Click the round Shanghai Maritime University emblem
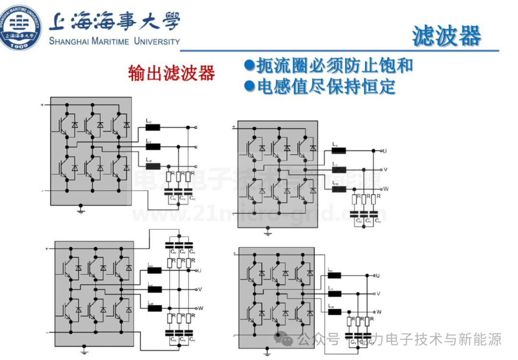point(21,27)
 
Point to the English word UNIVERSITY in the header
point(157,41)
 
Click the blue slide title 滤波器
point(446,36)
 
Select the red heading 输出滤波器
point(171,73)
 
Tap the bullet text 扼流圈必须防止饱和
point(334,65)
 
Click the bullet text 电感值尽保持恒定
point(326,86)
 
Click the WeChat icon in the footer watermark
point(287,340)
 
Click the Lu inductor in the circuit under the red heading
point(153,128)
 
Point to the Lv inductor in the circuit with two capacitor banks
point(154,289)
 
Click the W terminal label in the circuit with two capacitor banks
point(200,308)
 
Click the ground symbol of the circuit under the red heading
point(81,209)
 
